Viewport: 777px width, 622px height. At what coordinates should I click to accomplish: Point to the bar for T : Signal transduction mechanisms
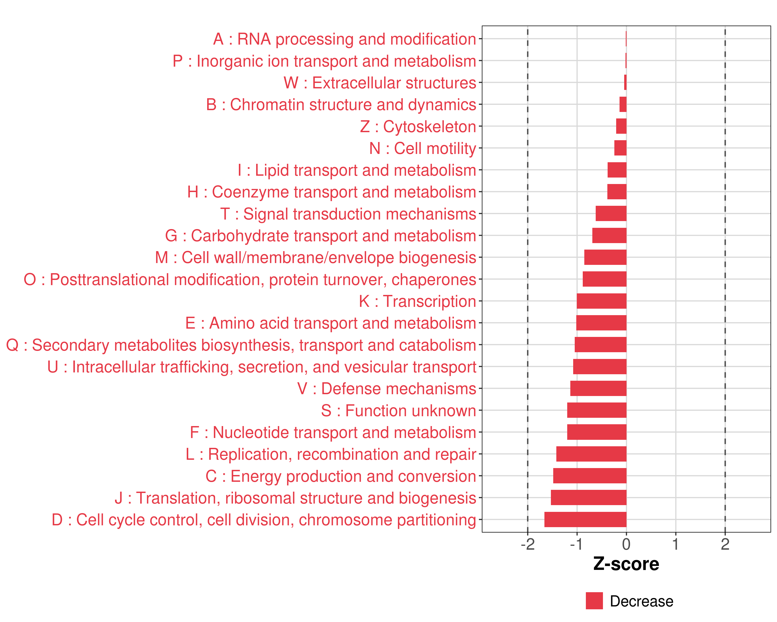[611, 214]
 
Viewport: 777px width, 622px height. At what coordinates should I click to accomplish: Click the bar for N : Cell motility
[620, 148]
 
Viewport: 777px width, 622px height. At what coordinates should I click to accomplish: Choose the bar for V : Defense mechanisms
[598, 388]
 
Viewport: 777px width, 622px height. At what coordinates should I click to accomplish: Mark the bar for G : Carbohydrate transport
[609, 236]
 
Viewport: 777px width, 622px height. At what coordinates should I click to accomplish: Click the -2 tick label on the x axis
[528, 544]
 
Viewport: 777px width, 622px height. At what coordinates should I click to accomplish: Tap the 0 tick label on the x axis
[626, 544]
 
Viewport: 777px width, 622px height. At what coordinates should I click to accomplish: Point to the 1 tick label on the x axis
[676, 544]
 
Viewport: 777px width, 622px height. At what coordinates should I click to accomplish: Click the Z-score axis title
[626, 564]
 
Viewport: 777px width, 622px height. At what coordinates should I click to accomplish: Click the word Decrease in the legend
[642, 601]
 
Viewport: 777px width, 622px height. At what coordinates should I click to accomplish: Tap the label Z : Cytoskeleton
[418, 126]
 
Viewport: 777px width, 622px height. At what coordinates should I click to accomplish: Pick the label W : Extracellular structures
[380, 83]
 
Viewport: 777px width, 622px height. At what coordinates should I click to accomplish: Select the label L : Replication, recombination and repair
[331, 454]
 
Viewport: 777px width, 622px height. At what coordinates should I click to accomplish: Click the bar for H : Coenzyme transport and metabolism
[617, 192]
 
